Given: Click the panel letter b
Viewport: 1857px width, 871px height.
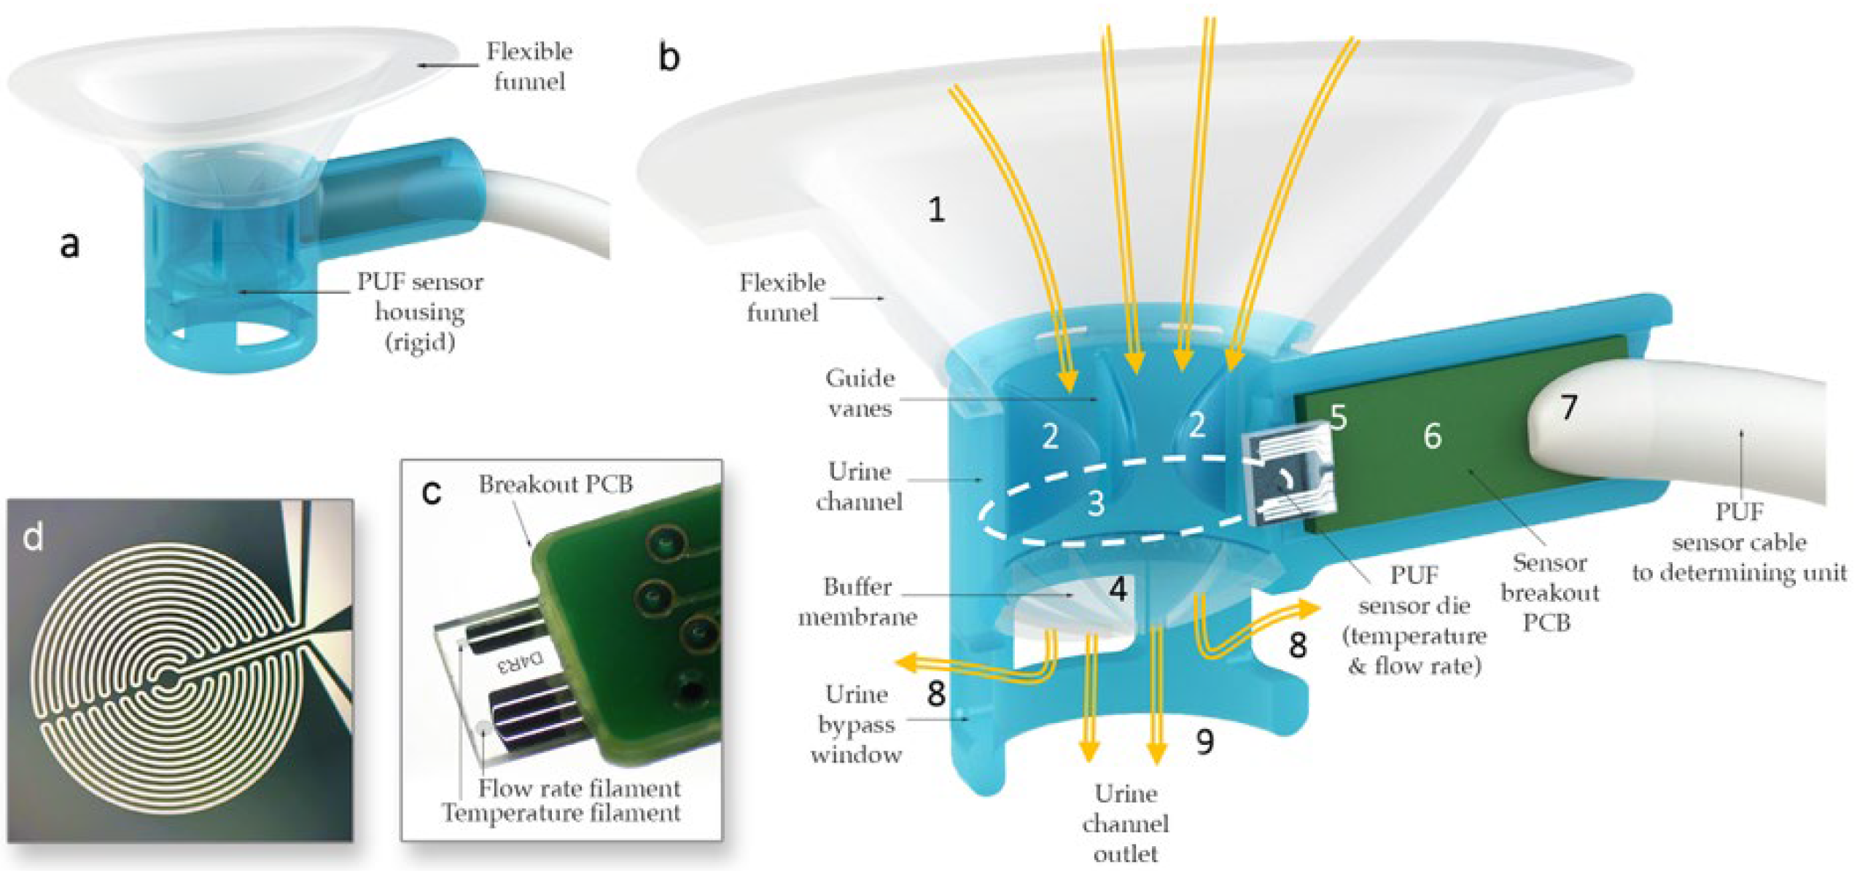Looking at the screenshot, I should tap(669, 56).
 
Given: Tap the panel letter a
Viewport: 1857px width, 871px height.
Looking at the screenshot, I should tap(69, 244).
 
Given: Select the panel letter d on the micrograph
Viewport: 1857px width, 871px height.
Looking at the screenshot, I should tap(33, 537).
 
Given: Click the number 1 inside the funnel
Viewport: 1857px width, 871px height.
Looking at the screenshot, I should tap(937, 210).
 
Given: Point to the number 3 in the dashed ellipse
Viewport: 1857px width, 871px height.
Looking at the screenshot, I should tap(1096, 503).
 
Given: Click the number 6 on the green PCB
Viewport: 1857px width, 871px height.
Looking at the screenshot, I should tap(1432, 436).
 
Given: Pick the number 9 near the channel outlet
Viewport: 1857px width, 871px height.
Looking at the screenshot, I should tap(1205, 742).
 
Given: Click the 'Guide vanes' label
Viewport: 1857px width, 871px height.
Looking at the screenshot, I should tap(860, 393).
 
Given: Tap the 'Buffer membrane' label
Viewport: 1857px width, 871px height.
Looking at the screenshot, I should tap(857, 602).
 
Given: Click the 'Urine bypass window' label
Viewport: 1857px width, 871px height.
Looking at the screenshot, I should tap(856, 724).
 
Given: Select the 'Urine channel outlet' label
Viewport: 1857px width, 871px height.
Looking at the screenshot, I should tap(1125, 824).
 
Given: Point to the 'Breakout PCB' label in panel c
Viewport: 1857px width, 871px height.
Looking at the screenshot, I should tap(556, 484).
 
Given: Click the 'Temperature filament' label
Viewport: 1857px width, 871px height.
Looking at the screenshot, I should tap(561, 813).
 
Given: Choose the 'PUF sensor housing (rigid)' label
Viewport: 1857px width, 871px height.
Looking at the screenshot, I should tap(420, 311).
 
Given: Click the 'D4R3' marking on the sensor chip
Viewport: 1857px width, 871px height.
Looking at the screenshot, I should tap(521, 662).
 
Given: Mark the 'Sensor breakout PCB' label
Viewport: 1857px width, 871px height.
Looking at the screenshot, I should tap(1549, 592).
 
